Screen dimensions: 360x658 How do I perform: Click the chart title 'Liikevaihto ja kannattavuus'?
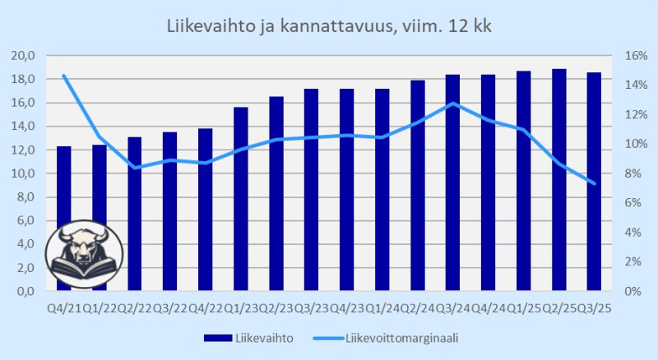pos(329,25)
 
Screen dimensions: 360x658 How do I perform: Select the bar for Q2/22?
pos(135,214)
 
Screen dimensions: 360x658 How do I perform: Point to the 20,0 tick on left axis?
pos(22,55)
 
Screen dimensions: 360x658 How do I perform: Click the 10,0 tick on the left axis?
pos(22,173)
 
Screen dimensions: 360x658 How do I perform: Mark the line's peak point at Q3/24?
pos(452,104)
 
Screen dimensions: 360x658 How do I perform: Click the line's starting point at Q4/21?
pos(63,76)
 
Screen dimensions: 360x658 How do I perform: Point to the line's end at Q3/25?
pos(594,183)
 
